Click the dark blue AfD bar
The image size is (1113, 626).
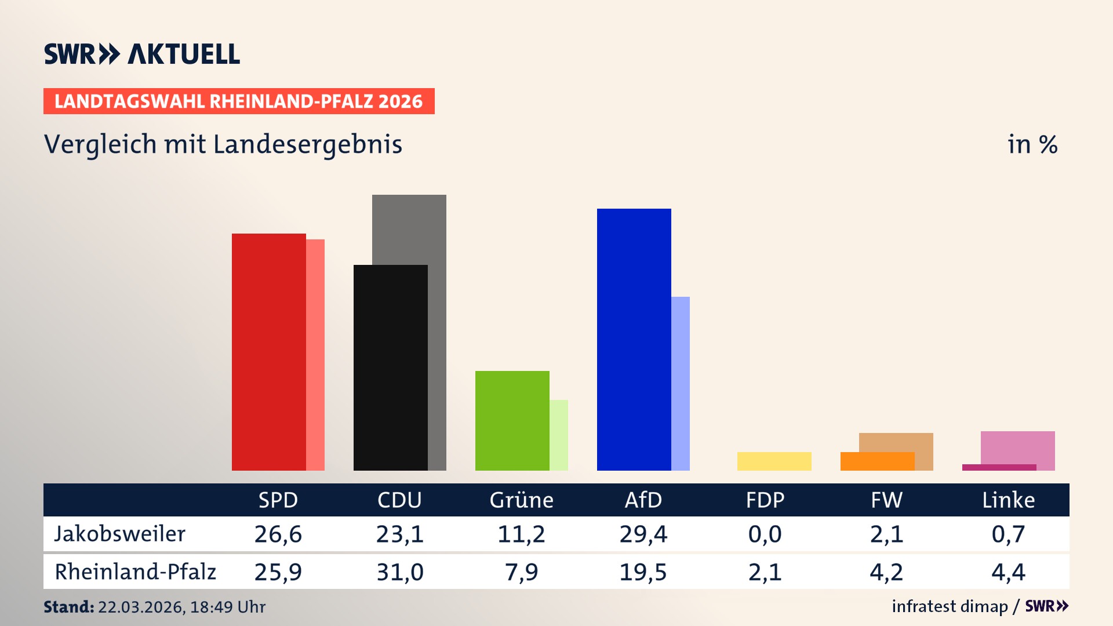point(634,339)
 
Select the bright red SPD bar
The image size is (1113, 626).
point(268,352)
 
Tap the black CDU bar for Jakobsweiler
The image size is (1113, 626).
point(390,367)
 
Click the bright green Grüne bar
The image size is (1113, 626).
point(512,420)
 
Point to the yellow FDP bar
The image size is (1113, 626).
point(774,461)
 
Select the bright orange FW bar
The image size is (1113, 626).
point(877,461)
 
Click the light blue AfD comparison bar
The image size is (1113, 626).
point(681,383)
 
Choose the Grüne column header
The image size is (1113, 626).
point(521,500)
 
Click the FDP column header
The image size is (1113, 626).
point(765,500)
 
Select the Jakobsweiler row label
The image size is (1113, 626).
point(120,534)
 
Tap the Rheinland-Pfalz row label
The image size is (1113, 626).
point(135,572)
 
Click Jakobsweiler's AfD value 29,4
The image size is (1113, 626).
point(643,534)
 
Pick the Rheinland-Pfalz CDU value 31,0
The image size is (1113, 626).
point(399,572)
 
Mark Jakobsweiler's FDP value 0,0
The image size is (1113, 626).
point(765,534)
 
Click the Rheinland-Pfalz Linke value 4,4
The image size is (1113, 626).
point(1008,572)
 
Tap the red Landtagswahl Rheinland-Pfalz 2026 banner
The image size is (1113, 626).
point(239,101)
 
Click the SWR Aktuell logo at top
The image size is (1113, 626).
point(142,54)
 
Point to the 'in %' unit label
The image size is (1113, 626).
point(1032,145)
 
